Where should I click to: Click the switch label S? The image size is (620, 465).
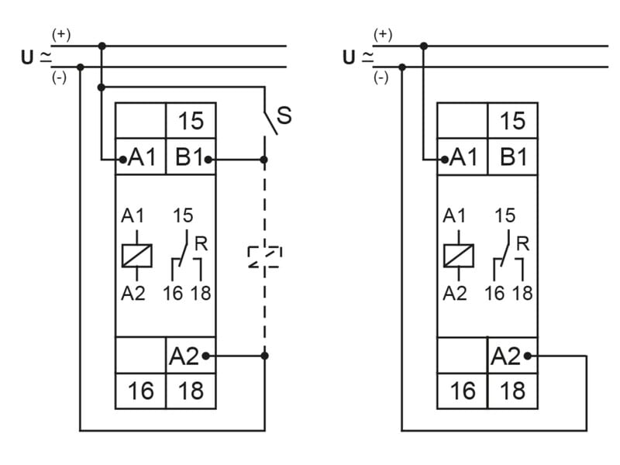[284, 115]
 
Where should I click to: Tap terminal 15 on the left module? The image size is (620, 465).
[191, 121]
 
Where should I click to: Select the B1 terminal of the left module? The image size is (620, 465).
[190, 158]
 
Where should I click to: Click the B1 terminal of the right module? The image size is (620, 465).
[512, 158]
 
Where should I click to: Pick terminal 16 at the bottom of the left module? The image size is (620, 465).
[140, 391]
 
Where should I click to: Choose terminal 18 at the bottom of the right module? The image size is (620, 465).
[512, 391]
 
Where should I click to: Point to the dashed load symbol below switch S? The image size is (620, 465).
[264, 257]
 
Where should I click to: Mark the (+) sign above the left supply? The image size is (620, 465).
[60, 35]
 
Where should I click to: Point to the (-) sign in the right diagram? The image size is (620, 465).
[381, 77]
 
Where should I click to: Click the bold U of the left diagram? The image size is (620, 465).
[27, 57]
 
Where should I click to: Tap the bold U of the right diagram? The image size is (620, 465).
[348, 57]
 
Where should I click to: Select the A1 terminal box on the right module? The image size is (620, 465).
[463, 158]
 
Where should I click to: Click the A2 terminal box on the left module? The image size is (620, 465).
[190, 356]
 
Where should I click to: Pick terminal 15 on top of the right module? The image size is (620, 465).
[512, 121]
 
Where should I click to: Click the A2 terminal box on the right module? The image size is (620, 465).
[512, 356]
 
